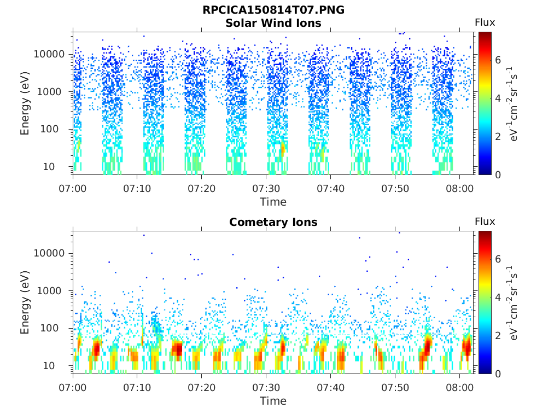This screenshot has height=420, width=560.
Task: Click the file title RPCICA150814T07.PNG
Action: tap(273, 10)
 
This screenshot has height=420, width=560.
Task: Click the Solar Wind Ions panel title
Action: tap(273, 23)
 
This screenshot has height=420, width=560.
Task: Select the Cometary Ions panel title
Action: tap(273, 222)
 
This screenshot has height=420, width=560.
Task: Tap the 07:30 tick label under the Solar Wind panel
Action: tap(266, 188)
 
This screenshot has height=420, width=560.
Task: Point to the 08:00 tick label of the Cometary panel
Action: tap(459, 388)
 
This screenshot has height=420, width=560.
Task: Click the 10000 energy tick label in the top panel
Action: tap(49, 54)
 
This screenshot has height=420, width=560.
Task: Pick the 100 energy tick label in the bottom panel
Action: tap(49, 328)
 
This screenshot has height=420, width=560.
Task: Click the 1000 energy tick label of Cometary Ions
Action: tap(49, 291)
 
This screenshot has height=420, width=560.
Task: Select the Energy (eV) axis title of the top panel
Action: tap(25, 103)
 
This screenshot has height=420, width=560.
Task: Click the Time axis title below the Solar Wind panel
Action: tap(273, 202)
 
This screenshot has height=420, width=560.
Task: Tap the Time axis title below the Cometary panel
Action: tap(273, 401)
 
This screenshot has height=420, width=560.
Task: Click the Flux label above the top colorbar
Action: tap(485, 22)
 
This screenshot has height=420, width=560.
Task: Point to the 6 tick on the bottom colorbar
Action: tap(498, 259)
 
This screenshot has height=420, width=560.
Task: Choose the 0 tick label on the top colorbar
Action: tap(498, 174)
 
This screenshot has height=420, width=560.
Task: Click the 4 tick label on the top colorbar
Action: tap(498, 98)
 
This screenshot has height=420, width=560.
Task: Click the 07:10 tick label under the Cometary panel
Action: tap(137, 388)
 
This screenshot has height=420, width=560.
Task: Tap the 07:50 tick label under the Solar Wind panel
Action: tap(395, 188)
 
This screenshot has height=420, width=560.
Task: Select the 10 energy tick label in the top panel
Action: tap(49, 166)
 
